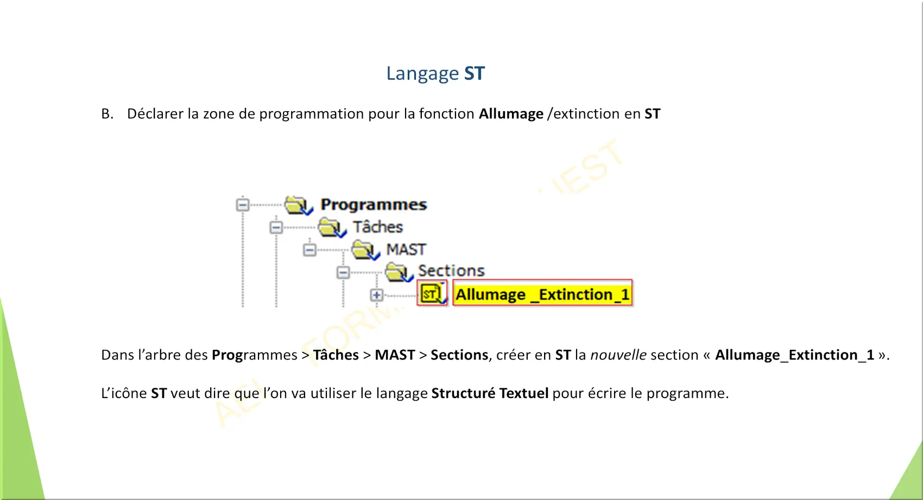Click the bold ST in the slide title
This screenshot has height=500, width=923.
tap(475, 74)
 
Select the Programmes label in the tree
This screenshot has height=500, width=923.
tap(374, 204)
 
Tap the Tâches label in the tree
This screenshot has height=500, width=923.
tap(377, 227)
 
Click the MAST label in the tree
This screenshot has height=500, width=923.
tap(406, 249)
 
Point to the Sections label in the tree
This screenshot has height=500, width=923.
tap(451, 271)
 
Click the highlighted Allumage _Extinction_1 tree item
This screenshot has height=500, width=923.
tap(542, 293)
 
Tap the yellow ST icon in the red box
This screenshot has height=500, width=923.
tap(432, 293)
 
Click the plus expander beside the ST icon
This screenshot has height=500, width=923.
tap(376, 295)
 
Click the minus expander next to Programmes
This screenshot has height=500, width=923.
tap(243, 204)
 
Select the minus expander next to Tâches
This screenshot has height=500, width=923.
tap(276, 227)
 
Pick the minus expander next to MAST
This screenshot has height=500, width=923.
tap(309, 250)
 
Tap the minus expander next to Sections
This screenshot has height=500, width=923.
tap(343, 272)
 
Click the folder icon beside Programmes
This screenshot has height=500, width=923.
tap(298, 205)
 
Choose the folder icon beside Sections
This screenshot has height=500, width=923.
tap(399, 272)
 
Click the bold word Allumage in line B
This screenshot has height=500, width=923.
tap(511, 114)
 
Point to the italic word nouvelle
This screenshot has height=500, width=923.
tap(618, 355)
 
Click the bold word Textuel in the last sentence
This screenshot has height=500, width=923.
tap(524, 393)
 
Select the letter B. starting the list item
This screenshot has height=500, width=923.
tap(107, 114)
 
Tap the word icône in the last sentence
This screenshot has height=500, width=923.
tap(129, 393)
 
